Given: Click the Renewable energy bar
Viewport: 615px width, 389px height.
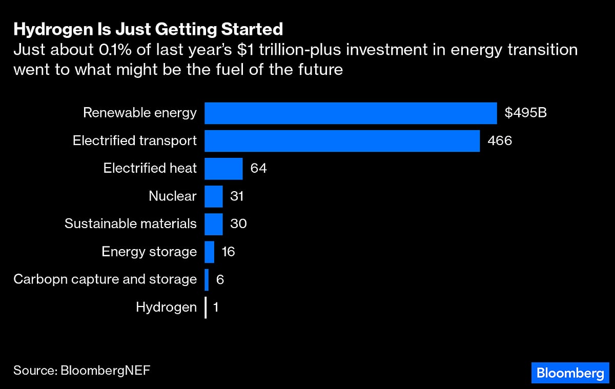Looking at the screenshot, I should [351, 113].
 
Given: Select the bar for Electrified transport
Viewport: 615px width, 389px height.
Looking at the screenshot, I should [342, 140].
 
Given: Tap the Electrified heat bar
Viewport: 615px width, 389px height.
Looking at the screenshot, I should [223, 169].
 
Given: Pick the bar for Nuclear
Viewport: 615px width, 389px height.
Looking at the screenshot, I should [214, 196].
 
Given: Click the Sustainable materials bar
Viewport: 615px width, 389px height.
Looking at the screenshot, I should [214, 224].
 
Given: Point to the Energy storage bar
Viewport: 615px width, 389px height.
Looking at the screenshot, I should [209, 252].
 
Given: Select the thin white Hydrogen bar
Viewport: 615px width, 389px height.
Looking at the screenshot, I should [206, 308].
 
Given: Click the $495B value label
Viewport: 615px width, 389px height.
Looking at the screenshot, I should [526, 113].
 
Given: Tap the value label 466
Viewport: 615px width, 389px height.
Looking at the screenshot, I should [500, 140].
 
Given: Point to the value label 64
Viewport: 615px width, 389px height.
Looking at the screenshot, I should [259, 169].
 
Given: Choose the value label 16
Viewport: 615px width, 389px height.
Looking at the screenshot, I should [228, 252].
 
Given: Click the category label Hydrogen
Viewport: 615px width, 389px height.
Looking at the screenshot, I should [166, 308].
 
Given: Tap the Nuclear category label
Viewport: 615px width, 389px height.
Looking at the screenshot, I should [172, 196].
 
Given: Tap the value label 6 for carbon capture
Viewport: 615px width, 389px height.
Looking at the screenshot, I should [220, 279].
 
